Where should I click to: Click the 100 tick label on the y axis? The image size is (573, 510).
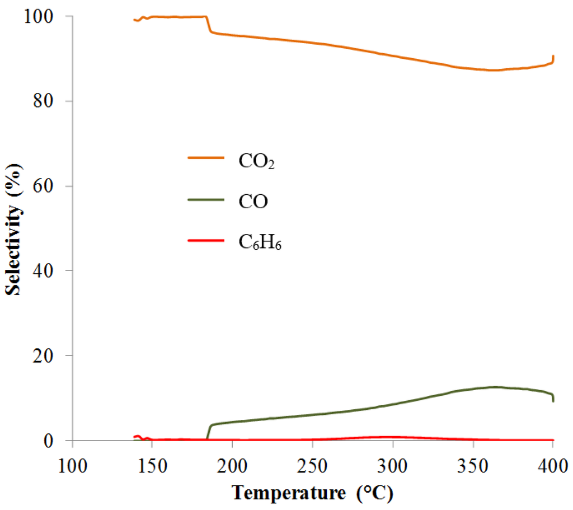click(39, 17)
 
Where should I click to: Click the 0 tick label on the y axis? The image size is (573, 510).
click(50, 441)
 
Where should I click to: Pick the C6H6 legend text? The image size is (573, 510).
click(260, 244)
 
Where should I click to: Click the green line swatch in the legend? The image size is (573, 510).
click(208, 202)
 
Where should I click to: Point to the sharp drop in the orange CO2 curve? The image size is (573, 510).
click(208, 24)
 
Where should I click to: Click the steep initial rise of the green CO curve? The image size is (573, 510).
click(208, 432)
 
